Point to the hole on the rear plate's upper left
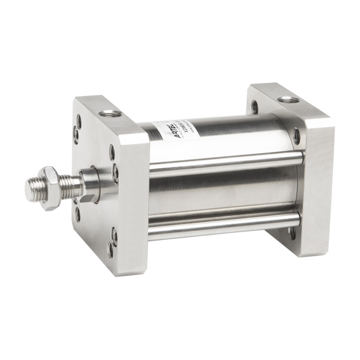click(x=255, y=107)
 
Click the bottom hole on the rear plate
click(x=293, y=232)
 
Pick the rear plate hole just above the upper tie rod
click(x=296, y=136)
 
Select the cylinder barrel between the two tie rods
click(x=222, y=195)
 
